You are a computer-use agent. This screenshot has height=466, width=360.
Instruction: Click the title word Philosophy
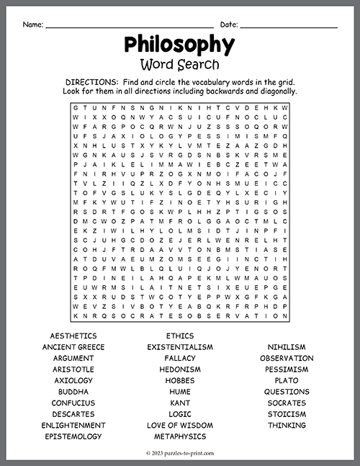point(179,45)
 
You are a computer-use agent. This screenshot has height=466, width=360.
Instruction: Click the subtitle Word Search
point(179,64)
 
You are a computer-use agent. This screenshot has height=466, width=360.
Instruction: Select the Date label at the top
point(229,24)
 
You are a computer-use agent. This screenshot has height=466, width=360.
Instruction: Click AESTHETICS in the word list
point(73,336)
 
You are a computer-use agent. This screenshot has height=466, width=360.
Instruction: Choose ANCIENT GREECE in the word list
point(73,347)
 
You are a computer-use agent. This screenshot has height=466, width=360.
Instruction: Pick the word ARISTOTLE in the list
point(73,369)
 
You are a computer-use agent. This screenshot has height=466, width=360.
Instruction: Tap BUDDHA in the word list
point(73,392)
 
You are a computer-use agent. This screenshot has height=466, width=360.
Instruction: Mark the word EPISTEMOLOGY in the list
point(73,436)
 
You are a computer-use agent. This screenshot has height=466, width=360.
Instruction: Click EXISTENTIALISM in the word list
point(180,347)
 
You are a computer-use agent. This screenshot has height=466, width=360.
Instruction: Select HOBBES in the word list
point(180,380)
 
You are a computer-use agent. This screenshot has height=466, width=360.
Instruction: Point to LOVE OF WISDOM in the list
point(180,425)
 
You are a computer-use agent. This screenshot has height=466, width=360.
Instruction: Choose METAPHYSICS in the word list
point(180,436)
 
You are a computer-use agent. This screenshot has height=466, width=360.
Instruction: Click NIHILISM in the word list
point(287,347)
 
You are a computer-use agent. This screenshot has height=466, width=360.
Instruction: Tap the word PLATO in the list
point(287,380)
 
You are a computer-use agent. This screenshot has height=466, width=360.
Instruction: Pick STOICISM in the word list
point(287,414)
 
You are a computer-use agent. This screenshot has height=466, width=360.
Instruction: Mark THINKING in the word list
point(287,425)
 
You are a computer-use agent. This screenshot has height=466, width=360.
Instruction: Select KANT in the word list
point(180,403)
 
